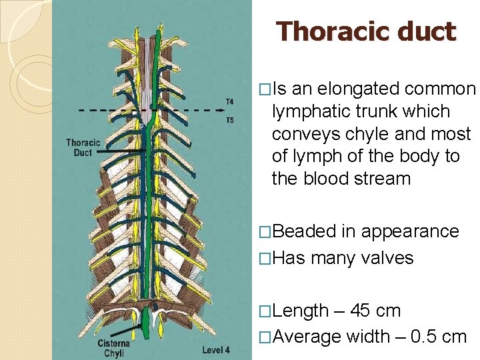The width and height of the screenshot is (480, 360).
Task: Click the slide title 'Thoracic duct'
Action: click(366, 31)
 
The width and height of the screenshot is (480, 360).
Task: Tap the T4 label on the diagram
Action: click(229, 101)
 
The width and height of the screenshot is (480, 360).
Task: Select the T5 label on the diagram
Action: click(229, 121)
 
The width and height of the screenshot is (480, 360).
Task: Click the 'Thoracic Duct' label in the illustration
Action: click(83, 147)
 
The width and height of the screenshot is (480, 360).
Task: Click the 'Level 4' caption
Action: click(216, 349)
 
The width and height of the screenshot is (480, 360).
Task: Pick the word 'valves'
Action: click(387, 258)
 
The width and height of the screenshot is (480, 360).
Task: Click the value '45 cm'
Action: click(379, 311)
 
